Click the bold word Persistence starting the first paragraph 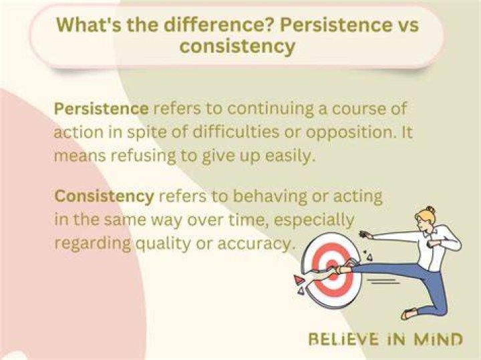(x=102, y=109)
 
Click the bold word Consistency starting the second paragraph (x=104, y=196)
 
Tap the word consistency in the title (x=237, y=47)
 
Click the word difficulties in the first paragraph (x=236, y=132)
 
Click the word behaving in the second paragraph (x=270, y=197)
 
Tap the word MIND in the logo (x=438, y=339)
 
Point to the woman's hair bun (x=430, y=210)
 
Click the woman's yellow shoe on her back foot (x=410, y=313)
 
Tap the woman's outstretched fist (x=365, y=234)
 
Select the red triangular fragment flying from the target (x=298, y=279)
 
